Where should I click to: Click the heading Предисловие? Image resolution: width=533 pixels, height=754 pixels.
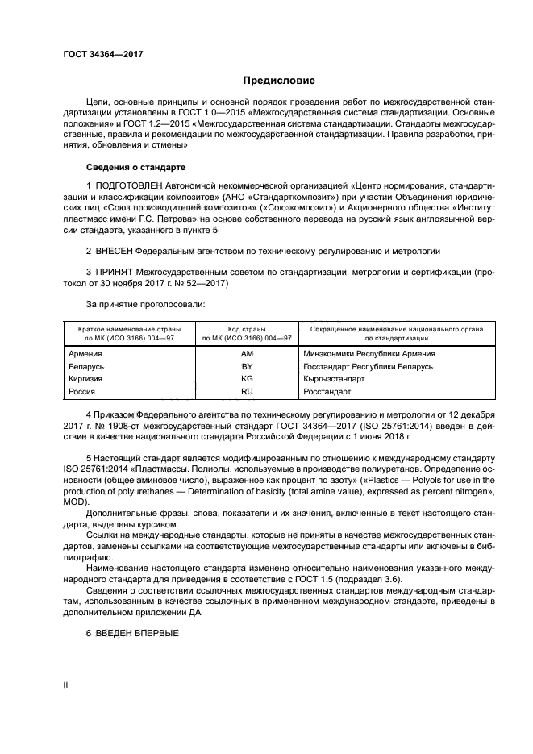coord(279,81)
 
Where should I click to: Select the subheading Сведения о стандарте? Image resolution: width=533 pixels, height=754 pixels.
coord(135,167)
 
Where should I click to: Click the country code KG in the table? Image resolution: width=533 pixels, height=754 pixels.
coord(247,378)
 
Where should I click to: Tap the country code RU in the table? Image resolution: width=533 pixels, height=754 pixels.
coord(247,391)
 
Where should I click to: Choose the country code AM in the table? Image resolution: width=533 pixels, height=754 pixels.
coord(247,353)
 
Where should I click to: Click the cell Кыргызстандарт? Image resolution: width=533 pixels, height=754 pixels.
coord(335,378)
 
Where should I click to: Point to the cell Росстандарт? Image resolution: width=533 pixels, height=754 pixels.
coord(327,391)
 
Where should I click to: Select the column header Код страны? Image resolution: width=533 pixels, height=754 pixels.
coord(247,330)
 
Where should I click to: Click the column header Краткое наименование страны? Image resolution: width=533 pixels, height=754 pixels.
coord(129,330)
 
